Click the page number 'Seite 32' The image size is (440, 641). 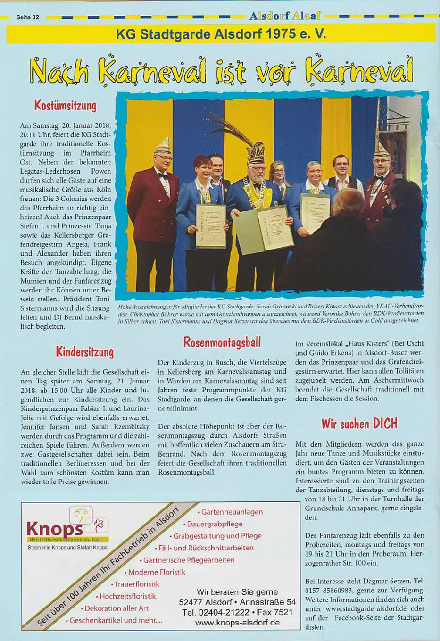pos(28,17)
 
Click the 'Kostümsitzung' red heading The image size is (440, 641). pos(65,106)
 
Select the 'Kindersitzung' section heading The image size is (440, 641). pos(84,352)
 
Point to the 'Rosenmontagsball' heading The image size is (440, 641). pos(222,342)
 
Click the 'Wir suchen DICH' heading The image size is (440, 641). pos(359,423)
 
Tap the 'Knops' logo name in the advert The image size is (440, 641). pos(47,525)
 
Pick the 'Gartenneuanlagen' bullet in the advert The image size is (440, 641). pos(232,512)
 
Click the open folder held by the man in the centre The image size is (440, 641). pos(265,229)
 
